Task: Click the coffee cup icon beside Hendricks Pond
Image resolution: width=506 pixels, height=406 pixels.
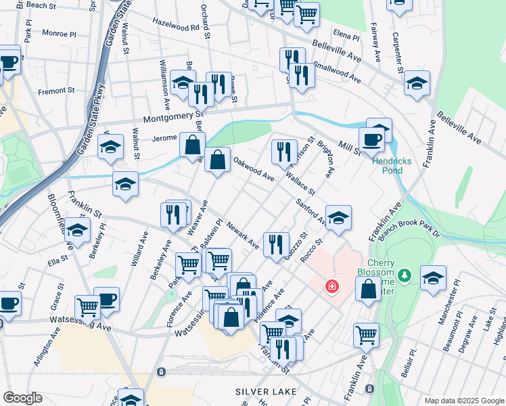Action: pyautogui.click(x=371, y=139)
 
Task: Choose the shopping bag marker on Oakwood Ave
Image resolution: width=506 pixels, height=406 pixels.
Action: pyautogui.click(x=218, y=161)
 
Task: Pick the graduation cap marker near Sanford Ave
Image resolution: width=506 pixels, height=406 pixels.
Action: pyautogui.click(x=338, y=218)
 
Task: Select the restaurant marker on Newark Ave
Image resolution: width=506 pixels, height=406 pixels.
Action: pyautogui.click(x=275, y=244)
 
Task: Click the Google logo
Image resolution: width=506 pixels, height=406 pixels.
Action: pyautogui.click(x=22, y=398)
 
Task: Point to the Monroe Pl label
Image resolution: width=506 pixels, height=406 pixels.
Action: pyautogui.click(x=60, y=32)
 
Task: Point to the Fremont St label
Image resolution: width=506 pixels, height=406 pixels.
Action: pyautogui.click(x=56, y=91)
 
